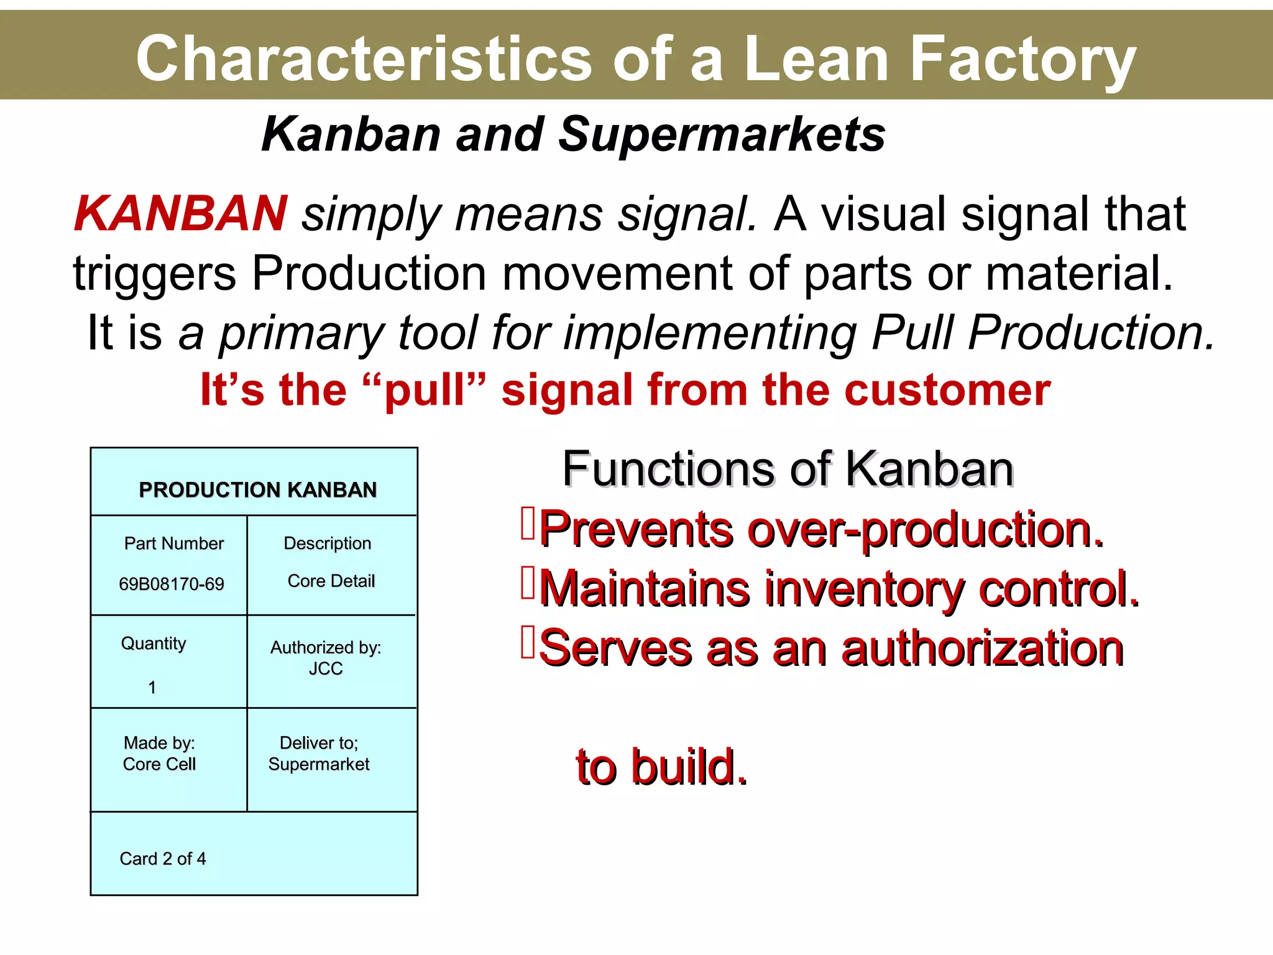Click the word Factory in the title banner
[1023, 59]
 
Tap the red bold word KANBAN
[180, 214]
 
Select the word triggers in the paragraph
[155, 274]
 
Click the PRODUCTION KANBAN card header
[257, 490]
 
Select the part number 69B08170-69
[171, 584]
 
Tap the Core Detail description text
[331, 581]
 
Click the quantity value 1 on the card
[152, 687]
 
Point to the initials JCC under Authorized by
[326, 668]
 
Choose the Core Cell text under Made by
[159, 764]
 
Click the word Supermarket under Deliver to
[319, 764]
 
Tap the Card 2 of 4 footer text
[163, 859]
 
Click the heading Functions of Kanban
[788, 469]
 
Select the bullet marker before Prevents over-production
[528, 524]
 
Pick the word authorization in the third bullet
[982, 648]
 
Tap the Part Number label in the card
[173, 543]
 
